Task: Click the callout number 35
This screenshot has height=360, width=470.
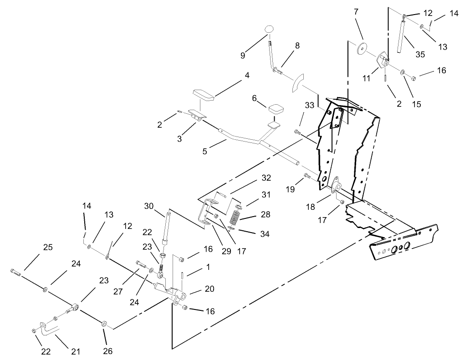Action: (420, 54)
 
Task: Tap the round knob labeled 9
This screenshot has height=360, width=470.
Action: (270, 30)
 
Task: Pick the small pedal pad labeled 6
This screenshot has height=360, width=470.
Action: (276, 110)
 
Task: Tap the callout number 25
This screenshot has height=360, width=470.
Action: (48, 248)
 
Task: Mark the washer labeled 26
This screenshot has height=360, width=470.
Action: (104, 324)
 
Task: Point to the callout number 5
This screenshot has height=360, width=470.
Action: (205, 151)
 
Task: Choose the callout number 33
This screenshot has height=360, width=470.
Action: (309, 105)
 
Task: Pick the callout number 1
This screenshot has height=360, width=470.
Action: (208, 267)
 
